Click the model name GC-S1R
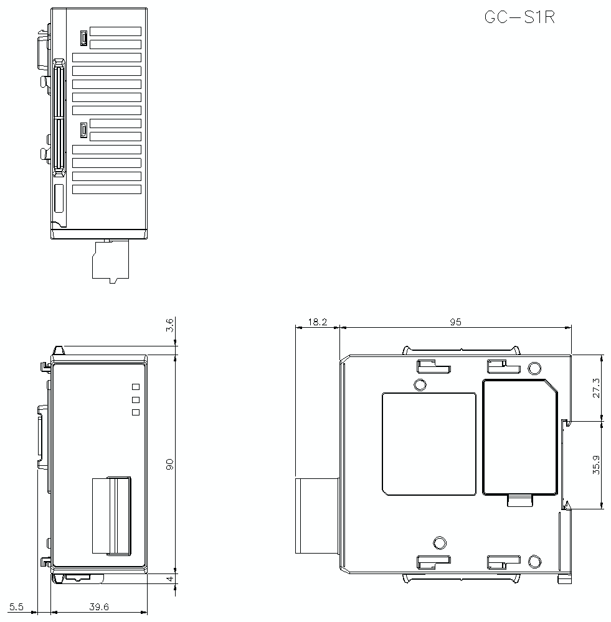519,17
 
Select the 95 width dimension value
455,322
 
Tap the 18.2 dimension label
318,322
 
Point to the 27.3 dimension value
597,388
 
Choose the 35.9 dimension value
597,465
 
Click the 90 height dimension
170,463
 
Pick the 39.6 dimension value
98,607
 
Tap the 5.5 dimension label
17,607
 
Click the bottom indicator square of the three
135,412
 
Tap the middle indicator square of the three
135,399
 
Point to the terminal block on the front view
111,515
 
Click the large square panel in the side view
429,443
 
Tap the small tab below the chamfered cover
521,501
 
